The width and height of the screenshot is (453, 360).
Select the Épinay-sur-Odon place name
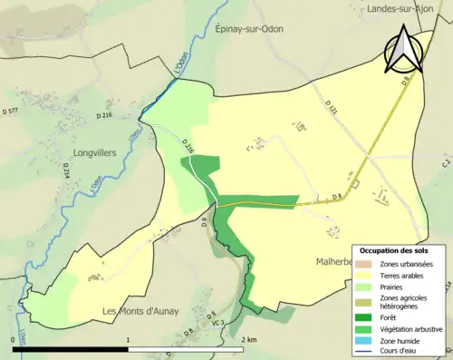click(x=249, y=29)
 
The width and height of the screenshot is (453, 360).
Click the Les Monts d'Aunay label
click(x=140, y=312)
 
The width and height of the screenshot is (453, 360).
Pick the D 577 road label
click(x=13, y=110)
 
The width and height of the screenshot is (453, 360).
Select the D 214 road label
click(x=66, y=166)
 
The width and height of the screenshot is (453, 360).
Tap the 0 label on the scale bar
click(x=14, y=339)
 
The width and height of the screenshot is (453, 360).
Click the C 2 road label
click(x=446, y=165)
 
